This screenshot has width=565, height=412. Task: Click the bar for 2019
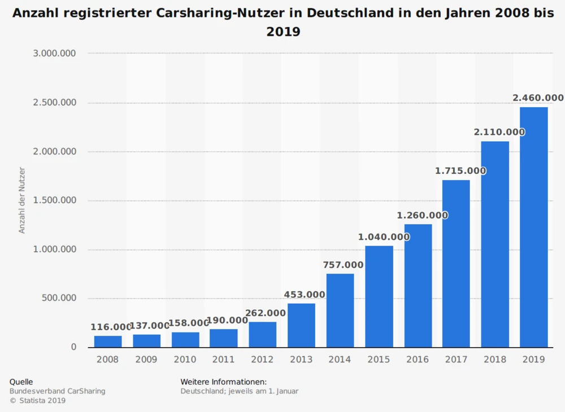tap(534, 227)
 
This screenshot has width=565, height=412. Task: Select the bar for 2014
tap(340, 310)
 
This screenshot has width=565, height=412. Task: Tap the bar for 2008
tap(108, 341)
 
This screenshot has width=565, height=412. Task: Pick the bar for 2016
tap(418, 286)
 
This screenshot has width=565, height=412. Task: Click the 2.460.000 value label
tap(538, 98)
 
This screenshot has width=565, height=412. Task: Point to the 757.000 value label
tap(343, 265)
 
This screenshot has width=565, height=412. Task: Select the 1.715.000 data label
tap(460, 170)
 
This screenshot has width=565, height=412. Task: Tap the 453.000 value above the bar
tap(304, 295)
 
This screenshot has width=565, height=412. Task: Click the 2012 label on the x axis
tap(263, 360)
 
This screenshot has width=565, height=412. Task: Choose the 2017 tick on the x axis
tap(456, 360)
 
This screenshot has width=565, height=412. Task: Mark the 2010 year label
tap(185, 360)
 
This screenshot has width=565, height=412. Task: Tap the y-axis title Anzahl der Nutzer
tap(22, 200)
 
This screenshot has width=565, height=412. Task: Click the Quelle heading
tap(21, 382)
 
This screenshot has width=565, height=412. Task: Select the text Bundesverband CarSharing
tap(57, 391)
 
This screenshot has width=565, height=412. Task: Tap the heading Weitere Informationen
tap(223, 382)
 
